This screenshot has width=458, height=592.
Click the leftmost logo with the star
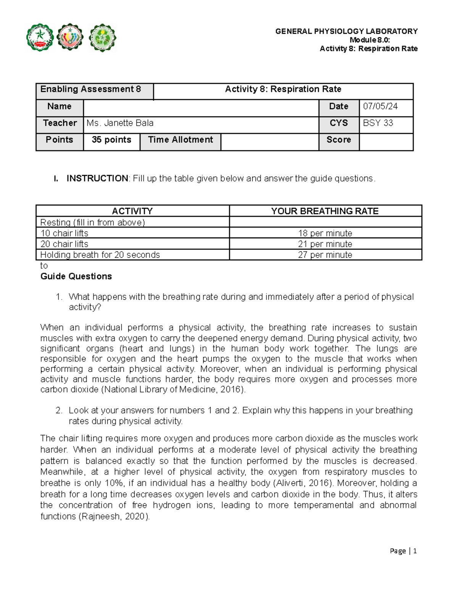[40, 38]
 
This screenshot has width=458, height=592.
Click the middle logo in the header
[70, 37]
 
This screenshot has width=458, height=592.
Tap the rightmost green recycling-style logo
[102, 38]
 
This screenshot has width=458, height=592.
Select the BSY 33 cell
[378, 123]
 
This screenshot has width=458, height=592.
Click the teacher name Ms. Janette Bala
[120, 123]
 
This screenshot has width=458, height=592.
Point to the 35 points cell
[111, 140]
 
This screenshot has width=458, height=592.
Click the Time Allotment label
[180, 140]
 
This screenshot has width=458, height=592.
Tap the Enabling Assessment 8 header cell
[91, 89]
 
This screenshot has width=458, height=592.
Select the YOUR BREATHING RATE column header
[325, 211]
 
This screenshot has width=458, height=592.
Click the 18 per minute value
[325, 233]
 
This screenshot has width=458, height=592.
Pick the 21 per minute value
[325, 244]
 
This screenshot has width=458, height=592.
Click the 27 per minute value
[325, 255]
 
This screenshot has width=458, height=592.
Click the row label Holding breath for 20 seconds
[100, 255]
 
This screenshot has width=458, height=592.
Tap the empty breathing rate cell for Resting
[325, 222]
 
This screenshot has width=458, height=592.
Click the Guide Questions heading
[76, 276]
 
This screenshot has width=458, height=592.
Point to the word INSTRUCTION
[97, 178]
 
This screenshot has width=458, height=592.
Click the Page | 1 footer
[403, 551]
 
